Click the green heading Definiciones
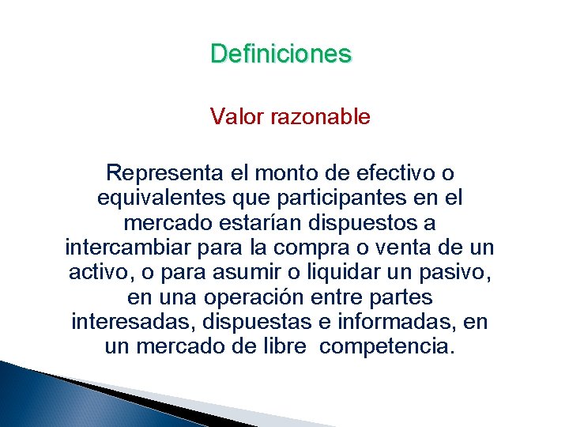(x=281, y=54)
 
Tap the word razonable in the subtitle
(x=320, y=117)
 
